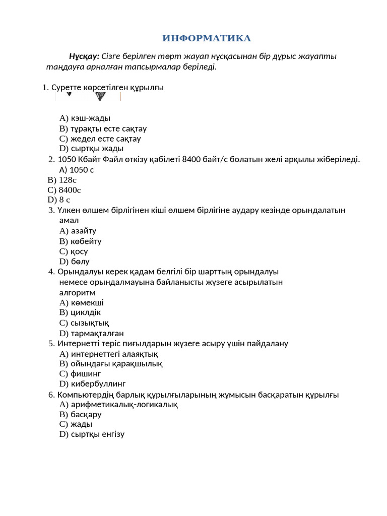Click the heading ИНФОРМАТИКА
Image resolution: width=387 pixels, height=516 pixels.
pyautogui.click(x=207, y=38)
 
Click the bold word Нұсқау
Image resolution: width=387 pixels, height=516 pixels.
pyautogui.click(x=84, y=56)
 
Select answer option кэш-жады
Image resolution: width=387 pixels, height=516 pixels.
pyautogui.click(x=85, y=118)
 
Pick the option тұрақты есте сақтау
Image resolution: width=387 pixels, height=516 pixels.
pyautogui.click(x=103, y=128)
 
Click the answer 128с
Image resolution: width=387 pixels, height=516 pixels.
pyautogui.click(x=62, y=180)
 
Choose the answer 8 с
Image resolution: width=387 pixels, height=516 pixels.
pyautogui.click(x=59, y=200)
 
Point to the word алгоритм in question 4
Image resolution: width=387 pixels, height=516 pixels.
pyautogui.click(x=77, y=292)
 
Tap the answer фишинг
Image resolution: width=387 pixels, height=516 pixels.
pyautogui.click(x=80, y=373)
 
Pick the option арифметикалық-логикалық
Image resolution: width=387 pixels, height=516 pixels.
pyautogui.click(x=118, y=404)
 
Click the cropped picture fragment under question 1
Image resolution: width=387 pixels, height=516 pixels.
pyautogui.click(x=88, y=96)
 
